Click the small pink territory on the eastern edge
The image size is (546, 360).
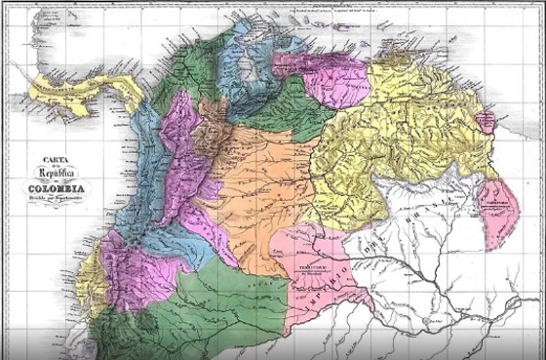[x=498, y=210]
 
